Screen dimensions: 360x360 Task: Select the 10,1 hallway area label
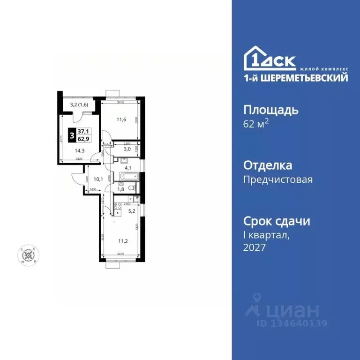point(97,179)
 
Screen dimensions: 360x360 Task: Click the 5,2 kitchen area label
point(132,211)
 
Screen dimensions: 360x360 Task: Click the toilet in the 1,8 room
point(133,188)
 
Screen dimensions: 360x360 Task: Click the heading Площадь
point(271,110)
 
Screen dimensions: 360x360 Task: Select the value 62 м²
point(255,125)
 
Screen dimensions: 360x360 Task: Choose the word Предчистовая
point(278,180)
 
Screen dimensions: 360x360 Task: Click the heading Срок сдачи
point(277,221)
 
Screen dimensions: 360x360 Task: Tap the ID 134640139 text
point(292,323)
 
